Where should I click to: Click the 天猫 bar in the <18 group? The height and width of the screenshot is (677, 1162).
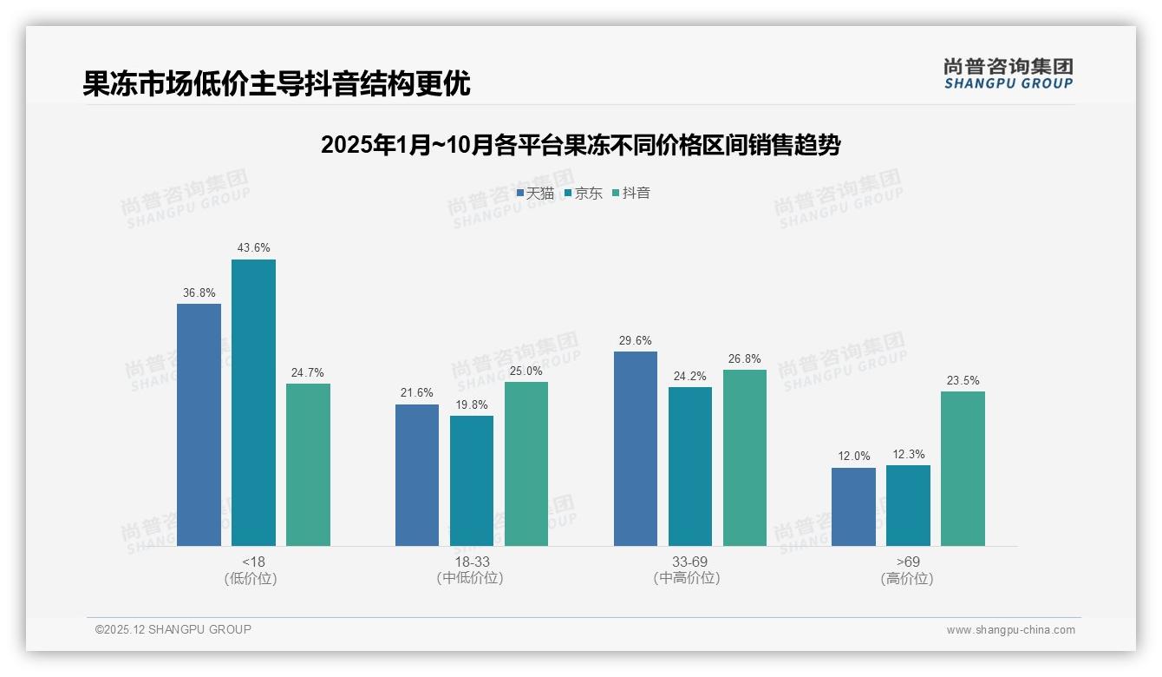(x=199, y=424)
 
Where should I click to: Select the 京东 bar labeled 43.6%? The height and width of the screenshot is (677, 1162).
(x=253, y=403)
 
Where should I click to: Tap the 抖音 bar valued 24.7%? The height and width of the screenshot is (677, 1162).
(x=308, y=464)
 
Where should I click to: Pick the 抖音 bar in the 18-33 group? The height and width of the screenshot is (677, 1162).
(x=526, y=463)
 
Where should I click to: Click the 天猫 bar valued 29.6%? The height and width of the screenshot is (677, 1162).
(x=636, y=449)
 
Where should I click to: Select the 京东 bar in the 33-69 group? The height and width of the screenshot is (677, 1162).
(x=690, y=466)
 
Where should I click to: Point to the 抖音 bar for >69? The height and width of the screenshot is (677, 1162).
(x=963, y=469)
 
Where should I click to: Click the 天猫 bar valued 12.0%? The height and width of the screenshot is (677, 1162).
(x=853, y=507)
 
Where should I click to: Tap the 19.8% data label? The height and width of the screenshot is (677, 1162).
(x=471, y=405)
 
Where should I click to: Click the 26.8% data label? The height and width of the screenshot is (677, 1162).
(x=744, y=359)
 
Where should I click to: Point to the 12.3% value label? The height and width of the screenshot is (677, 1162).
(x=908, y=455)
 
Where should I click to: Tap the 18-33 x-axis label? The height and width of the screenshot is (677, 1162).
(x=471, y=562)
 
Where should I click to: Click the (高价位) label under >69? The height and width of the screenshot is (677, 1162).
(x=907, y=579)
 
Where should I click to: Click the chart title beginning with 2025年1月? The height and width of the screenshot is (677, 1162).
(x=580, y=145)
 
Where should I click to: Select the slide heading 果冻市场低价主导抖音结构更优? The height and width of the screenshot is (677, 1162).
(x=277, y=83)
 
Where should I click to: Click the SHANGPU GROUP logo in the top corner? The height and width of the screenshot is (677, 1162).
(x=1008, y=73)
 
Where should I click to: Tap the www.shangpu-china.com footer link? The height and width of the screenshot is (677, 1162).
(x=1010, y=630)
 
